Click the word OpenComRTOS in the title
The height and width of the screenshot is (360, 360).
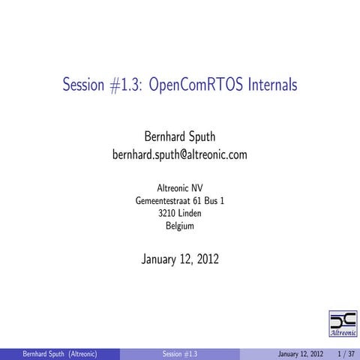(190, 85)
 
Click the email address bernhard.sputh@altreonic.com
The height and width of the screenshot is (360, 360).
(179, 155)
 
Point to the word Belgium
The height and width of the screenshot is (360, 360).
(179, 226)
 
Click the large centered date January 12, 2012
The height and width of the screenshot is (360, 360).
(179, 259)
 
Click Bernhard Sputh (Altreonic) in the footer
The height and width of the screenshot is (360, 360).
(59, 353)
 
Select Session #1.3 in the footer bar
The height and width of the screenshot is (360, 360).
(179, 353)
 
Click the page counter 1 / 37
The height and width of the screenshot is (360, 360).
(346, 353)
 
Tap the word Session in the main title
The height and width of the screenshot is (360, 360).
(84, 85)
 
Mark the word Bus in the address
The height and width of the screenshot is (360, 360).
(213, 200)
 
